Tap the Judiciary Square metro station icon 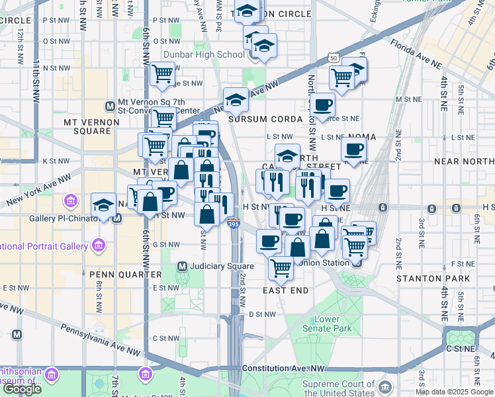click(182, 267)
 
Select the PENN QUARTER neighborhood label click(132, 274)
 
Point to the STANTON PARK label click(433, 279)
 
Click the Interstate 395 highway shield click(232, 225)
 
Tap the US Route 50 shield click(333, 59)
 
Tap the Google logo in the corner click(22, 389)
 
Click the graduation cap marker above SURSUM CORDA click(236, 99)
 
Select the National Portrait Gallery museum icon click(99, 247)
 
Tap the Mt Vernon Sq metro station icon click(111, 106)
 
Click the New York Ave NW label click(38, 190)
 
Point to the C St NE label click(461, 348)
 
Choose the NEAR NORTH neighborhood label click(464, 161)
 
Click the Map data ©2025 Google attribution click(455, 392)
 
